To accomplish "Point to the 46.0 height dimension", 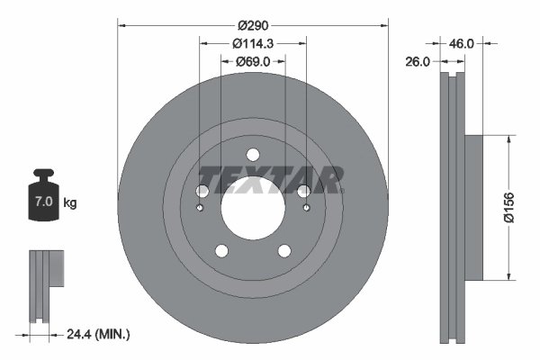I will coord(463,41).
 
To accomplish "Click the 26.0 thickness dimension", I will coord(418,61).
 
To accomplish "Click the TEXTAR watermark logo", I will coord(270,180).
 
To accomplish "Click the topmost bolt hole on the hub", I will coord(253,154).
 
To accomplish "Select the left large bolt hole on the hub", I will coord(202,192).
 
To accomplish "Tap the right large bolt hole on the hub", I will coord(304,192).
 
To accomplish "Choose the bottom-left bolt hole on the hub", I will coord(221,252).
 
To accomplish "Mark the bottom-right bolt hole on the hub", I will coord(284,252).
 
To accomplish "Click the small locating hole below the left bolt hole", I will coord(199,209).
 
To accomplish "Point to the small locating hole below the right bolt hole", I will coord(307,209).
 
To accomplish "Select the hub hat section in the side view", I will coord(472,207).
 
